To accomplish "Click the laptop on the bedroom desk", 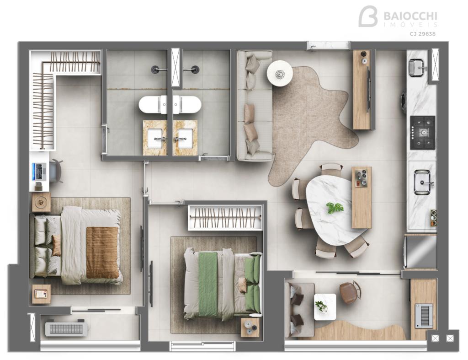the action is point(40,172).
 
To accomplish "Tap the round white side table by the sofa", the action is point(280,73).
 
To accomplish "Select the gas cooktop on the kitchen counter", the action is point(423,132).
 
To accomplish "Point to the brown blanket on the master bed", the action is point(102,253).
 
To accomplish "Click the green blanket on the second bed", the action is point(208,284).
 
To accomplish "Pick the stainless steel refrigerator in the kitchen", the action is point(420,252).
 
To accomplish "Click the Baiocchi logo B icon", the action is point(368,16).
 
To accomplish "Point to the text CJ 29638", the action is point(422,34).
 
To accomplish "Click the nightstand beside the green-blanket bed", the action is point(250,327).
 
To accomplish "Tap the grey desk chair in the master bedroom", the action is point(56,171).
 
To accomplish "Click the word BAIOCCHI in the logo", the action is point(410,16).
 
